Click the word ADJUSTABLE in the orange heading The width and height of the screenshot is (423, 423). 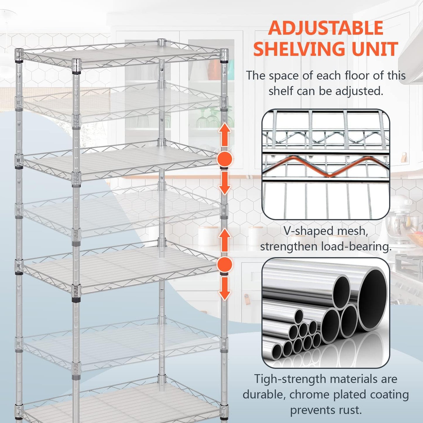point(326,28)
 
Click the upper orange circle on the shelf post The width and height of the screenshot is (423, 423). point(225,159)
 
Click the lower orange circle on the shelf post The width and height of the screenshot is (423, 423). point(225,264)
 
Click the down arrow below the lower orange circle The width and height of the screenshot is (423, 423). point(225,289)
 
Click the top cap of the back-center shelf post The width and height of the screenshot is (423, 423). point(161,42)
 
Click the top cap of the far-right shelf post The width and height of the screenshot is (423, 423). point(224,53)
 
